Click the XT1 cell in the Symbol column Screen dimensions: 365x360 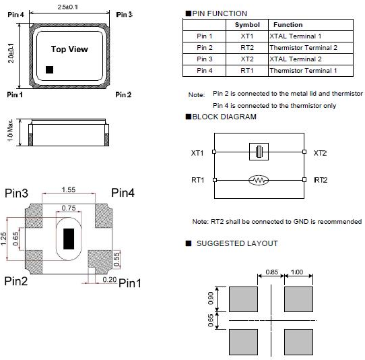(246, 36)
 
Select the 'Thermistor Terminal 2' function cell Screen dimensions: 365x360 (303, 48)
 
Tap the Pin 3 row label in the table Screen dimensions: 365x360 (204, 59)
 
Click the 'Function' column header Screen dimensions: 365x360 (288, 25)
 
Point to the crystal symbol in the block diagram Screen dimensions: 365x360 (259, 152)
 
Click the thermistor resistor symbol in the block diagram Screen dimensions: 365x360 (259, 180)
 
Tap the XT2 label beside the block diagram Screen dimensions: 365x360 (320, 153)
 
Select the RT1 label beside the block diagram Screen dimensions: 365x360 (197, 180)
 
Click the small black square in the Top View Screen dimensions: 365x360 (49, 69)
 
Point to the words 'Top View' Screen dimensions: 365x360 (69, 49)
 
